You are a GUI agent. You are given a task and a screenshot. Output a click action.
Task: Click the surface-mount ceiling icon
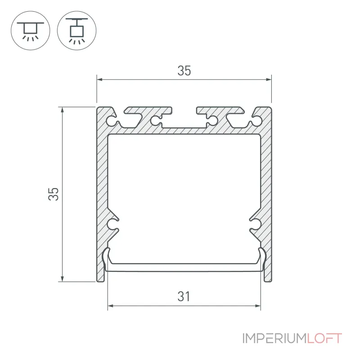[31, 30]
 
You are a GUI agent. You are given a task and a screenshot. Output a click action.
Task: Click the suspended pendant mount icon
[76, 30]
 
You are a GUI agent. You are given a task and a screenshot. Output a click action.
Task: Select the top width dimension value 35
[184, 71]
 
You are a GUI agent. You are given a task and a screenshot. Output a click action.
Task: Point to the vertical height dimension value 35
[54, 194]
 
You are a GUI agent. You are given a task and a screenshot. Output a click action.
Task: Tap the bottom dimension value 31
[184, 297]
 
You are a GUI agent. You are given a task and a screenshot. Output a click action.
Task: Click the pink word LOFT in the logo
[324, 338]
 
